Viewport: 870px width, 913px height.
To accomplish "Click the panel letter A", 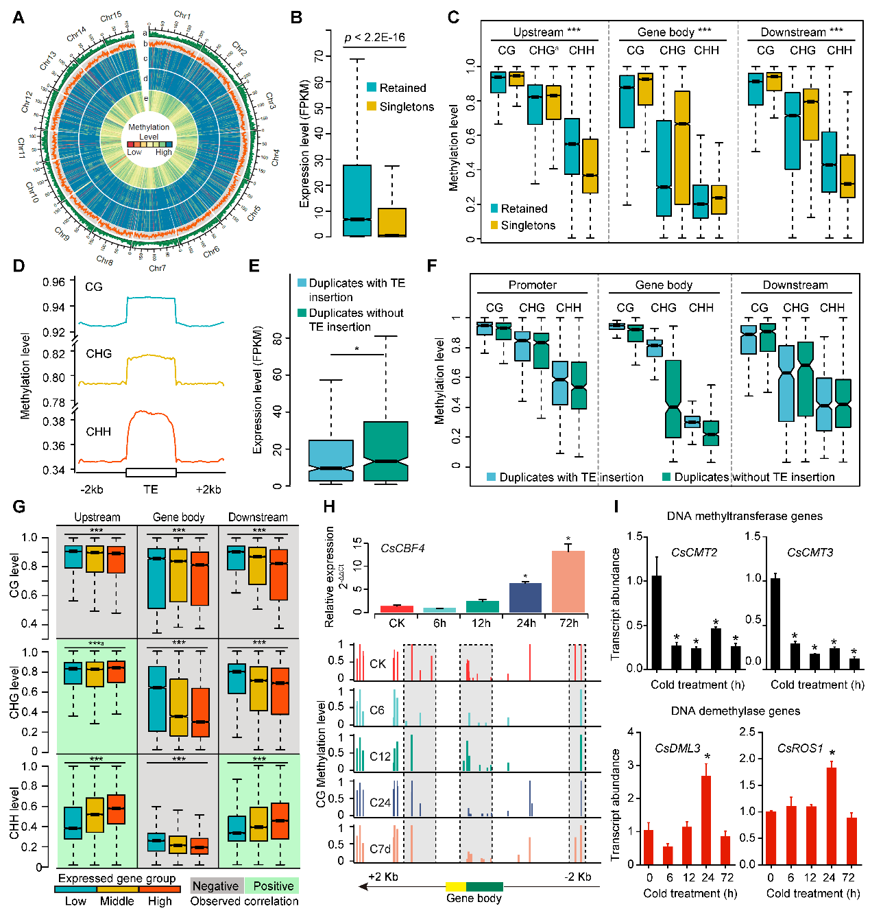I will pyautogui.click(x=19, y=17).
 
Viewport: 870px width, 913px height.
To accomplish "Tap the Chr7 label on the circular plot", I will pyautogui.click(x=157, y=268).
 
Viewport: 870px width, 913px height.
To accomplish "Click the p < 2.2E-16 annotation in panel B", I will pyautogui.click(x=374, y=38).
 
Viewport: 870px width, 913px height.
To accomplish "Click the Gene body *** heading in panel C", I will pyautogui.click(x=674, y=32).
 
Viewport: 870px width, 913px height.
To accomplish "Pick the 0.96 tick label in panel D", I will pyautogui.click(x=54, y=283).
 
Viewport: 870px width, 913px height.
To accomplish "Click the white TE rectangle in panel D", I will pyautogui.click(x=151, y=473).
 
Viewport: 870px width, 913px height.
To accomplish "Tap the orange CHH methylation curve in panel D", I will pyautogui.click(x=151, y=414).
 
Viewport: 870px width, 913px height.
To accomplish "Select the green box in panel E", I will pyautogui.click(x=386, y=451).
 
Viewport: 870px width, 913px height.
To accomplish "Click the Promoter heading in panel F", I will pyautogui.click(x=532, y=285).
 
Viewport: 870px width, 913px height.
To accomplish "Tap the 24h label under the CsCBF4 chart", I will pyautogui.click(x=526, y=624).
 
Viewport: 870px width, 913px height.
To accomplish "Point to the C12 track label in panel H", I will pyautogui.click(x=380, y=757).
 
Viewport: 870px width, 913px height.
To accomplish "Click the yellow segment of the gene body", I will pyautogui.click(x=455, y=887).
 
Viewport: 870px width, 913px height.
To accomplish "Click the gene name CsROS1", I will pyautogui.click(x=800, y=748).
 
